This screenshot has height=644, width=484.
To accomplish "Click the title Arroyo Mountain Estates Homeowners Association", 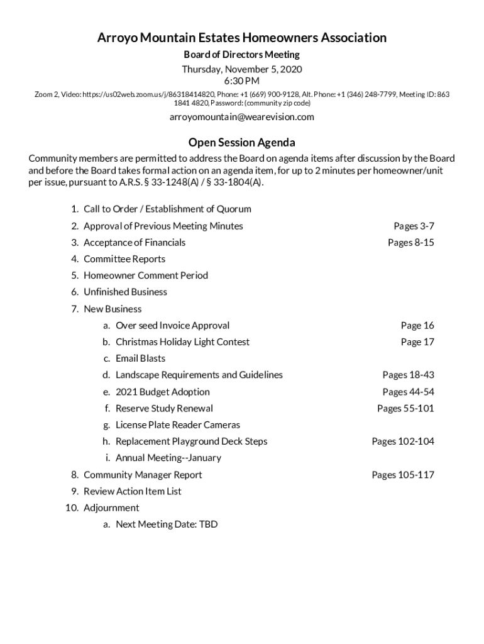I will [x=241, y=38].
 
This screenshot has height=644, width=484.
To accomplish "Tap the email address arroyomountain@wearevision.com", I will [x=241, y=117].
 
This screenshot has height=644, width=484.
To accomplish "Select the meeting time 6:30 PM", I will [x=241, y=81].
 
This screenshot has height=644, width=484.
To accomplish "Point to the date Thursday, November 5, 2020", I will [x=241, y=69].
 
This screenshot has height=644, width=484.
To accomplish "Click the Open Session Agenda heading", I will [x=241, y=142].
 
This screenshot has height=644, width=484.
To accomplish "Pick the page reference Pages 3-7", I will [x=414, y=226].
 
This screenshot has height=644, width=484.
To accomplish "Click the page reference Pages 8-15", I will [x=411, y=242].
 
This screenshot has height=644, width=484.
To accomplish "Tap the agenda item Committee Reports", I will [x=124, y=258].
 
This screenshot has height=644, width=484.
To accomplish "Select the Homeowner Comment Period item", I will [x=145, y=275].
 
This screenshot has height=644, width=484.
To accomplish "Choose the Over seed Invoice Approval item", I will [x=172, y=325].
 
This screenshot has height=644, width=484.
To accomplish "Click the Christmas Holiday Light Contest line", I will [x=182, y=341].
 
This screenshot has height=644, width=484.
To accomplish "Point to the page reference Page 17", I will [x=417, y=341].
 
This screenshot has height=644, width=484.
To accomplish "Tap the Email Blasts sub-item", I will [x=140, y=358].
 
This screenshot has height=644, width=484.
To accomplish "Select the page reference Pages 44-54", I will [x=408, y=392].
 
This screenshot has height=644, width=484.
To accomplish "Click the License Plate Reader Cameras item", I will [x=177, y=425].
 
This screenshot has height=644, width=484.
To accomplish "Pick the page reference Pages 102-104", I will [x=403, y=441].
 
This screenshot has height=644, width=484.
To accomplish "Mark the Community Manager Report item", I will [x=143, y=475].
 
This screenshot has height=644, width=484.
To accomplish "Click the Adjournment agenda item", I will [x=111, y=508].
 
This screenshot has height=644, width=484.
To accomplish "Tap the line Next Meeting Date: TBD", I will [x=167, y=524].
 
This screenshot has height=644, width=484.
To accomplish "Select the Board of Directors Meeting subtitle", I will [x=241, y=55].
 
